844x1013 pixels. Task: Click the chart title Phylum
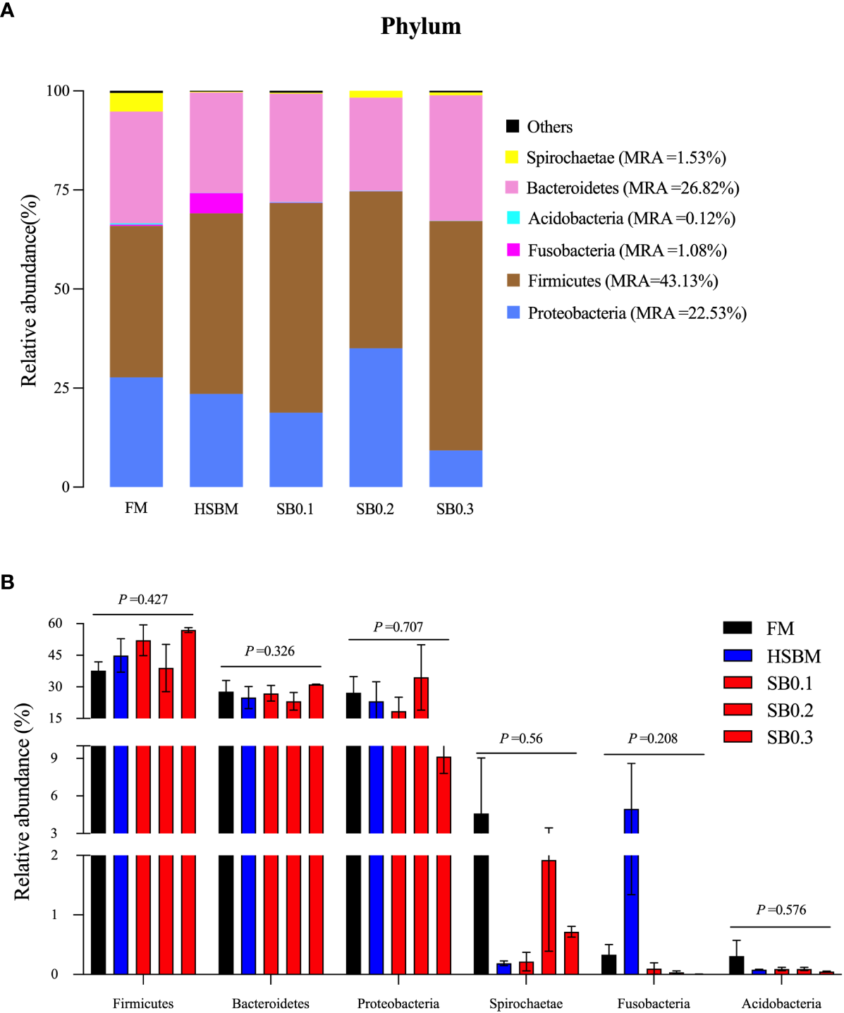[421, 26]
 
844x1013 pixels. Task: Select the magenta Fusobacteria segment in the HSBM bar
[216, 203]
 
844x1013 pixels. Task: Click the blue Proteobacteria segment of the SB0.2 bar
[376, 417]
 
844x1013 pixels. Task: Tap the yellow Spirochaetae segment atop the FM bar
[136, 102]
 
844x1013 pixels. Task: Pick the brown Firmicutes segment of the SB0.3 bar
[455, 335]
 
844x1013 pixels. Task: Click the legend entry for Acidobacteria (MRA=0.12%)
[621, 219]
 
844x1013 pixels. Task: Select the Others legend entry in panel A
[539, 127]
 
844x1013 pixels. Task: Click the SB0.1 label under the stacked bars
[295, 509]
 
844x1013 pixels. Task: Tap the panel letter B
[8, 583]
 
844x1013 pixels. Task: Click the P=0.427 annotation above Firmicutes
[143, 600]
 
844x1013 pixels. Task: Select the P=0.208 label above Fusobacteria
[653, 739]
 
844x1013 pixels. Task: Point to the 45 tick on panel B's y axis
[56, 655]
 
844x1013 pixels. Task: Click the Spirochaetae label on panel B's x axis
[526, 1003]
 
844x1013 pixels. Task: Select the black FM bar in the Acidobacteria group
[736, 965]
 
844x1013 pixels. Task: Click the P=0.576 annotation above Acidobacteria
[781, 910]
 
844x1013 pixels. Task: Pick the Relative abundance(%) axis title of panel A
[29, 291]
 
